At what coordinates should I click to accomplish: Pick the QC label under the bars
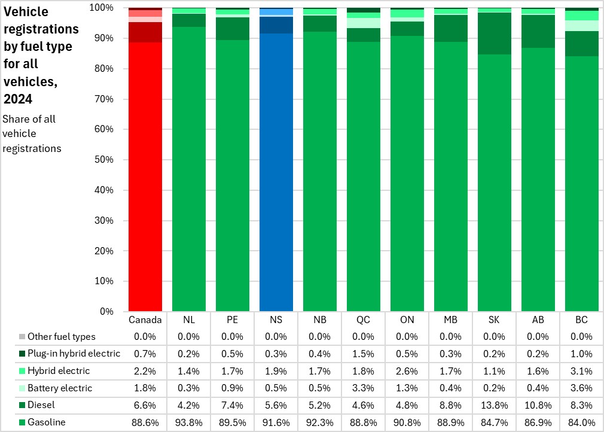[x=364, y=320]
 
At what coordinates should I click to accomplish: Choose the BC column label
[x=582, y=320]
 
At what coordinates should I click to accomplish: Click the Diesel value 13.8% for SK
[x=495, y=405]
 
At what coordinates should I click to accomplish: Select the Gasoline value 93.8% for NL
[x=189, y=422]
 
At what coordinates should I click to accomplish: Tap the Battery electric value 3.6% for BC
[x=582, y=388]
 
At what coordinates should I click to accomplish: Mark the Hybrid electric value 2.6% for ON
[x=407, y=371]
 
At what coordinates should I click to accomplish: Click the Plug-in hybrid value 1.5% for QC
[x=364, y=354]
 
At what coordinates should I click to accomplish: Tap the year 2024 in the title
[x=18, y=98]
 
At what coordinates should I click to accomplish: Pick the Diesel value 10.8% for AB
[x=538, y=405]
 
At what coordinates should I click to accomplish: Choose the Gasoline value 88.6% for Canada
[x=145, y=422]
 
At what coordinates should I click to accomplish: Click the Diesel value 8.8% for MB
[x=451, y=405]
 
